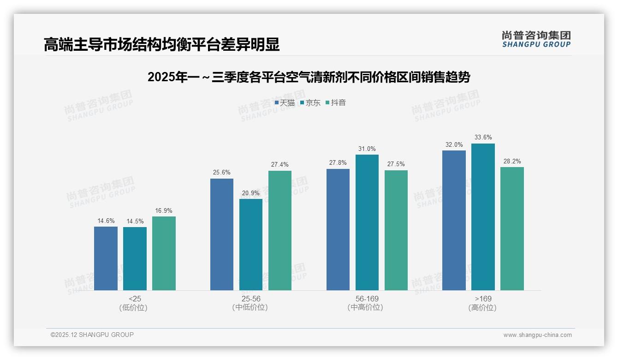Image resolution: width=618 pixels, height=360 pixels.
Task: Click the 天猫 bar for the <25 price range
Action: click(x=106, y=258)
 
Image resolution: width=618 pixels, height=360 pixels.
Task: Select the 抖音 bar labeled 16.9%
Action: click(x=164, y=253)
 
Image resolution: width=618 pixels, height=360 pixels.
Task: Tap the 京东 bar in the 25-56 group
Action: click(x=251, y=245)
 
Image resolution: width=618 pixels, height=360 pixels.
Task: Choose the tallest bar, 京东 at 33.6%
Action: click(x=483, y=217)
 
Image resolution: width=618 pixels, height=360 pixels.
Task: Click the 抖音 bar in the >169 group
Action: click(x=512, y=228)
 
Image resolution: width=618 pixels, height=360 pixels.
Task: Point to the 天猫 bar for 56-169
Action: click(x=338, y=229)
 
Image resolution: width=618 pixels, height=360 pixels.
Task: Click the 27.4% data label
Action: click(x=280, y=165)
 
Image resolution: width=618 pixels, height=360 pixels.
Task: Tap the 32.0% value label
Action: click(x=454, y=144)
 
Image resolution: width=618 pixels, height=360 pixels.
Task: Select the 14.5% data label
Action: click(x=135, y=221)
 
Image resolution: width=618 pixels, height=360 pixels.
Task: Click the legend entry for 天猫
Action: click(x=285, y=102)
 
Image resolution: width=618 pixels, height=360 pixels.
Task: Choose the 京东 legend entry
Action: click(x=310, y=102)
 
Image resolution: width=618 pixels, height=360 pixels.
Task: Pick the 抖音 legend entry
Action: click(x=336, y=102)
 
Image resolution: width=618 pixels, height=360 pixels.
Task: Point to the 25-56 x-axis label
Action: click(x=250, y=299)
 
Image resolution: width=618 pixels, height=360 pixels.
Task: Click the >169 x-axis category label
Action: click(x=483, y=299)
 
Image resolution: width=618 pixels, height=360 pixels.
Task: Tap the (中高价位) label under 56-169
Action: click(x=367, y=307)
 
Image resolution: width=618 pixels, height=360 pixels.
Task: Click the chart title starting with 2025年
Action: click(x=309, y=77)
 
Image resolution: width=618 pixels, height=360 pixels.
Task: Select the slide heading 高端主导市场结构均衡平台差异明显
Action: click(x=161, y=44)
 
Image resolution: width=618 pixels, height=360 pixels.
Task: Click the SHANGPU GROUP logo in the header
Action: click(x=536, y=39)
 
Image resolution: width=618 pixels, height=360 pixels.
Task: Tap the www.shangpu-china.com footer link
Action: click(x=537, y=335)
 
